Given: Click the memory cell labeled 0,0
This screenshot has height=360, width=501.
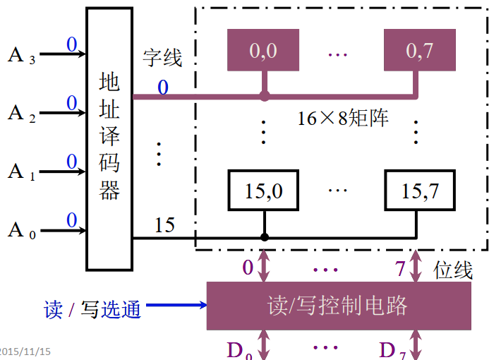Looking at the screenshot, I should coord(264,52).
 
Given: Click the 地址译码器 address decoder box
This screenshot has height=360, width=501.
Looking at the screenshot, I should coord(109,138).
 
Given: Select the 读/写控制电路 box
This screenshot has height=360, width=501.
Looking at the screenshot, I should coord(338,306).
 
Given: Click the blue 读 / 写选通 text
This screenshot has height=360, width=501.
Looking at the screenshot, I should coord(92,309).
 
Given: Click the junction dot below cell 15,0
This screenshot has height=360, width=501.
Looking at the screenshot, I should coord(265,237).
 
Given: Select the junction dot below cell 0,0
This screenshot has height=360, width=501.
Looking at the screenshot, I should coord(265,96).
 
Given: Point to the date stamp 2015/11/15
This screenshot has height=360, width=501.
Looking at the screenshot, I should coord(25,352).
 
